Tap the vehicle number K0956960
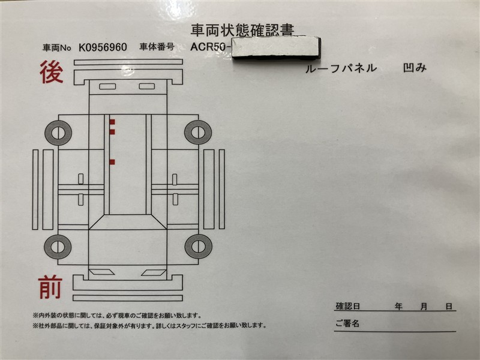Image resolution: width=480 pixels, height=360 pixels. [103, 47]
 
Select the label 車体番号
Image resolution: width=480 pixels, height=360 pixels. [157, 47]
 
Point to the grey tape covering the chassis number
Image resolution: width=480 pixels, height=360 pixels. [277, 48]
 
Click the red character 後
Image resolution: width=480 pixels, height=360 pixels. [52, 72]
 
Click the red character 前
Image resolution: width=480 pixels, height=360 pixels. [50, 287]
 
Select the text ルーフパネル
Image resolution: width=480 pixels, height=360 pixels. [341, 68]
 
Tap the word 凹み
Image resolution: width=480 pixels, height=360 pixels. [415, 68]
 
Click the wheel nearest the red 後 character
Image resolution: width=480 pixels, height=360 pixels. [58, 133]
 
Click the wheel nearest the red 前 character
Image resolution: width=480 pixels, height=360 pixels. [58, 247]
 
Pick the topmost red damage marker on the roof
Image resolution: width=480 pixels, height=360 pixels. [112, 122]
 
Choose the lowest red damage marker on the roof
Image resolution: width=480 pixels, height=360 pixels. [112, 162]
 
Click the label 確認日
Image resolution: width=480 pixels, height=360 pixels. [348, 306]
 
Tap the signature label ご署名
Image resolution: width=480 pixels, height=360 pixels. [347, 323]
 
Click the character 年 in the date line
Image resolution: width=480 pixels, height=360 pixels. [398, 306]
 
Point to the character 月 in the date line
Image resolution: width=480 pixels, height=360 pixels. [424, 307]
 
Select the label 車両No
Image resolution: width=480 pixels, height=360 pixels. [56, 48]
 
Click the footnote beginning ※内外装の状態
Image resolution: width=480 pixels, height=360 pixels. [117, 316]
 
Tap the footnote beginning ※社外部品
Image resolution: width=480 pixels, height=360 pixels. [149, 326]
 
